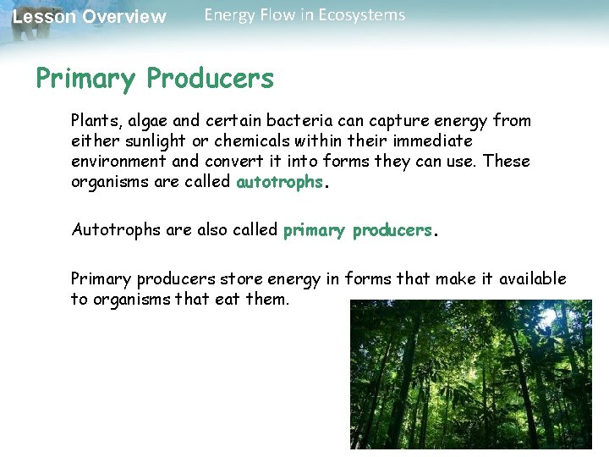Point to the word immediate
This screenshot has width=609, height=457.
click(430, 141)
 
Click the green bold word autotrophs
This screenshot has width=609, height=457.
click(279, 182)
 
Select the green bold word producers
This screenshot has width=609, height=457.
click(392, 230)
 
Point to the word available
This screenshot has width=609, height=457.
click(532, 279)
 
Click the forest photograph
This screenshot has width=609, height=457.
click(471, 374)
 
